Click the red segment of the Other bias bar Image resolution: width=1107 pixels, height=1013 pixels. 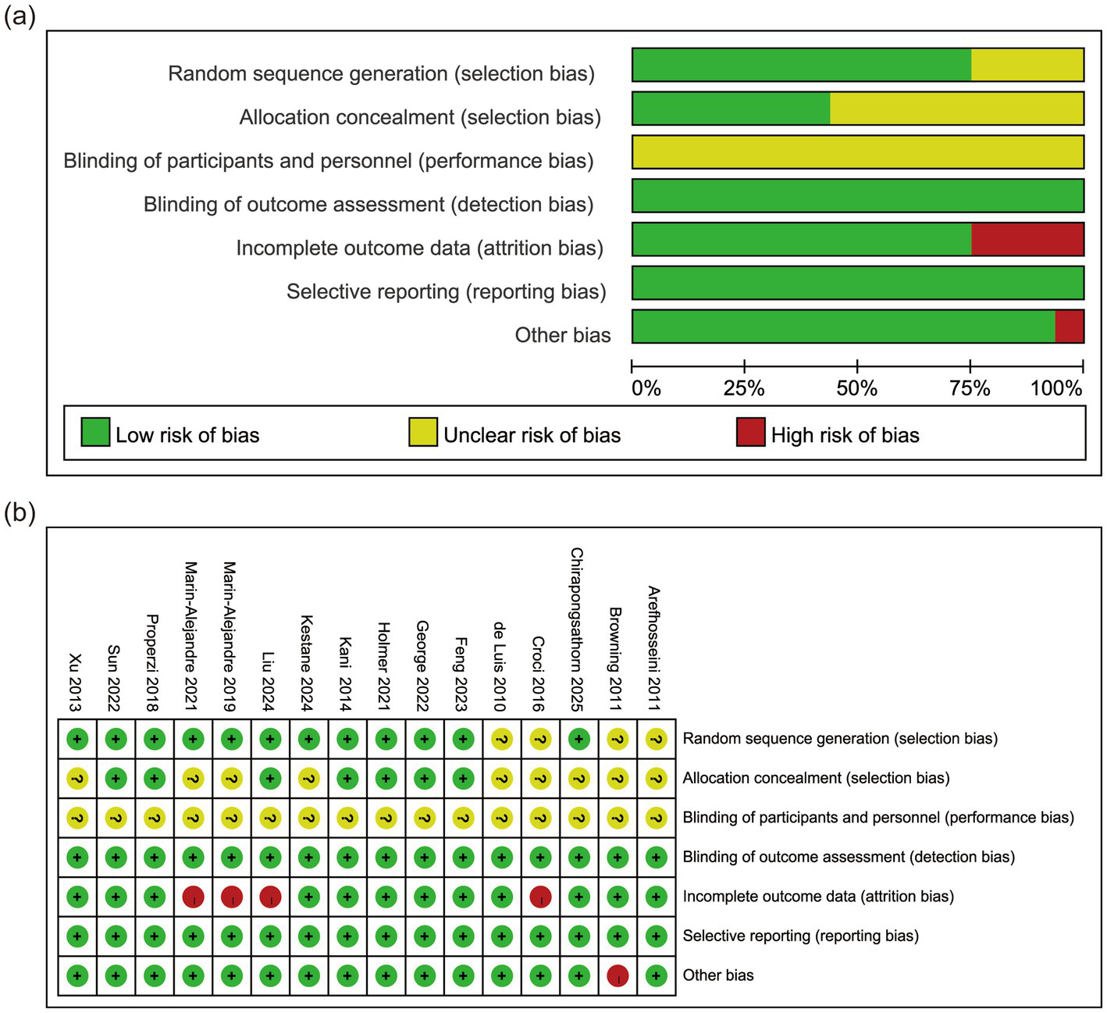pos(1069,326)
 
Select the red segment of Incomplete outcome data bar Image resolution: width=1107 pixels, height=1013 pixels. pos(1027,239)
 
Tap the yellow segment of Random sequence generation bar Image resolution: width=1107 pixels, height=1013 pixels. pos(1027,65)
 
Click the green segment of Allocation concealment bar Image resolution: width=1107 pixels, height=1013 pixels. pos(731,109)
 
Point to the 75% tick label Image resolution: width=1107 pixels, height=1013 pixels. pos(970,388)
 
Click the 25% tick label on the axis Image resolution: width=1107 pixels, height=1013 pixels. pos(744,388)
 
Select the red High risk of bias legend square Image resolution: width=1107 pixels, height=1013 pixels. pos(750,432)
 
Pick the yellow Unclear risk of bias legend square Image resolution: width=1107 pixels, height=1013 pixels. pos(422,432)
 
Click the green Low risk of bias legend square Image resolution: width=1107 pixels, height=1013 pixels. pos(95,432)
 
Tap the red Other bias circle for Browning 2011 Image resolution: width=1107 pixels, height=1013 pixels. pos(618,976)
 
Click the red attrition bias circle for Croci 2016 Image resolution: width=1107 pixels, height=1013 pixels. pos(540,897)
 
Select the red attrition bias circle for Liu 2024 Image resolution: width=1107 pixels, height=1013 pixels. pos(270,897)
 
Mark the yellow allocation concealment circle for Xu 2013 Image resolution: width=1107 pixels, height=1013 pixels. pos(77,778)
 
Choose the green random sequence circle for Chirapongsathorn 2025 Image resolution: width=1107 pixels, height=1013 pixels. pos(578,739)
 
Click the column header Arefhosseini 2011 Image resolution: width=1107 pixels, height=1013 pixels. pos(654,648)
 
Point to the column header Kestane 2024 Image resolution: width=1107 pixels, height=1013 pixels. pos(307,662)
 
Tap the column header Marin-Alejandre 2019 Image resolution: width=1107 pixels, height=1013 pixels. pos(230,636)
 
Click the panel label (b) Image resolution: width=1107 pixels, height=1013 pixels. pos(20,513)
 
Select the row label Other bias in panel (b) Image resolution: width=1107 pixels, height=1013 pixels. pos(718,976)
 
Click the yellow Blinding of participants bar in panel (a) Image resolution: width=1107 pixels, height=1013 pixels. pos(857,152)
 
